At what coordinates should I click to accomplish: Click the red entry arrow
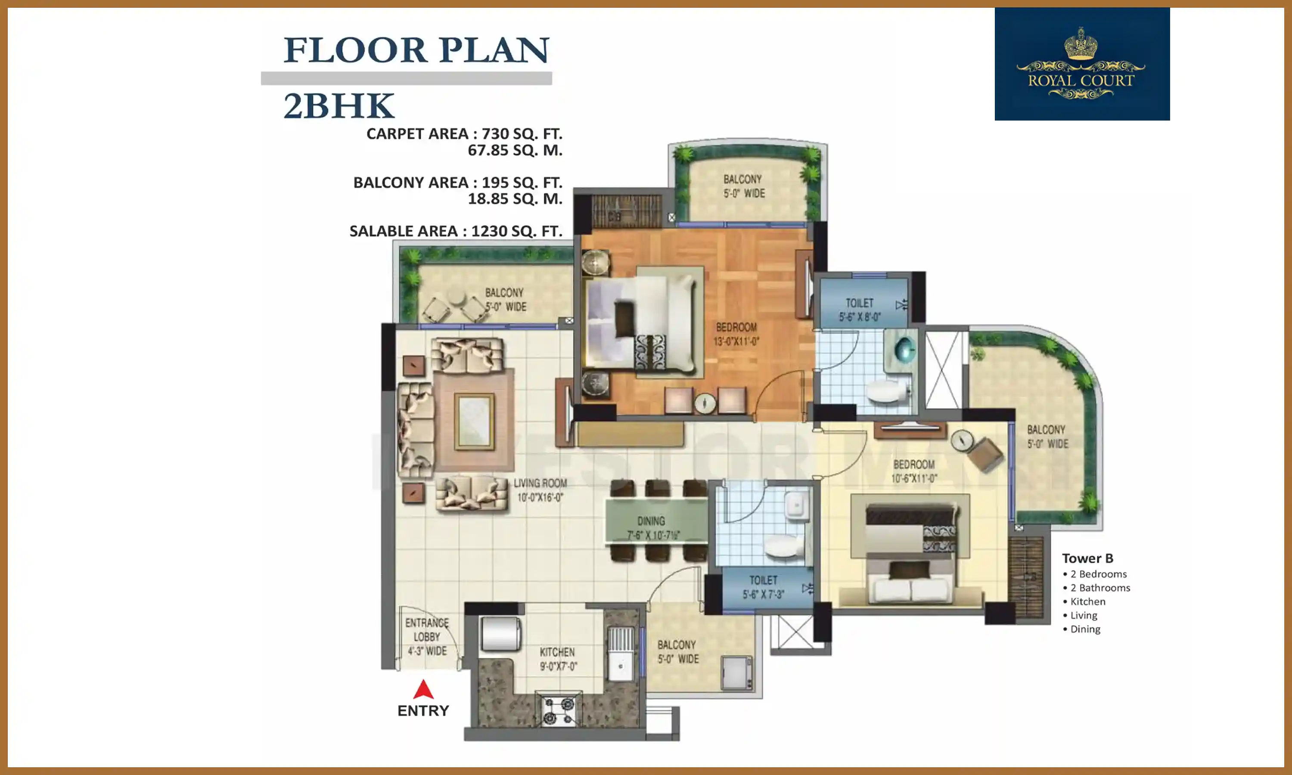click(x=423, y=690)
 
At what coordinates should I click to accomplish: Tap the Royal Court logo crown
click(x=1081, y=45)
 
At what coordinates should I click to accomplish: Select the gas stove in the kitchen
click(x=558, y=711)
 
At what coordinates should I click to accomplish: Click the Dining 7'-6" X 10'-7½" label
click(x=652, y=528)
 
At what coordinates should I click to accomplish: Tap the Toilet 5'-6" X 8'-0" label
click(x=860, y=310)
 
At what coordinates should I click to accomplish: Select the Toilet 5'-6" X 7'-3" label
click(x=763, y=587)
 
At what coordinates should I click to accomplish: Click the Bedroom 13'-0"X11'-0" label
click(x=736, y=334)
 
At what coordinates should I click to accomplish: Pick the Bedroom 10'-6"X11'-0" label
click(x=913, y=471)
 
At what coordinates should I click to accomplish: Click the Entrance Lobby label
click(x=427, y=637)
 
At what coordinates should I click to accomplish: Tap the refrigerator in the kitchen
click(x=500, y=633)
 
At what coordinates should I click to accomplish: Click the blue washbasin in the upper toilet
click(x=904, y=349)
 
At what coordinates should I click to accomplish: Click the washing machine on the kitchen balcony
click(x=737, y=673)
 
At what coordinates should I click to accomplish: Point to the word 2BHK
click(x=339, y=106)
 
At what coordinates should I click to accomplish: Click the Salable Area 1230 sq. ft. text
click(x=455, y=231)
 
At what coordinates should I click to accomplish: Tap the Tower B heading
click(x=1087, y=558)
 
